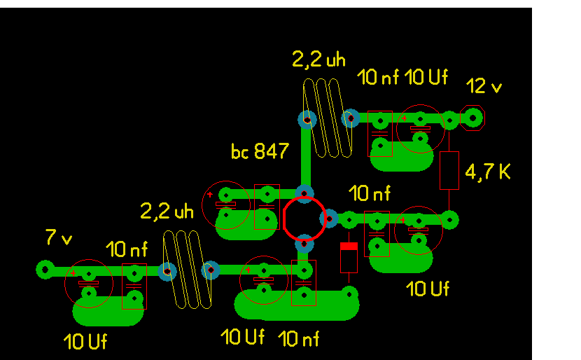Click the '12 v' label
[484, 87]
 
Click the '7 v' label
[59, 238]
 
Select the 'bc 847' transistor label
[260, 151]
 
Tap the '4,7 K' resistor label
[487, 172]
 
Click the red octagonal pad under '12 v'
[473, 118]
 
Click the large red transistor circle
[304, 219]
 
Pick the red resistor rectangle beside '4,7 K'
[449, 170]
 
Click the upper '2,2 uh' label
[318, 60]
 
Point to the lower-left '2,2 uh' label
[167, 210]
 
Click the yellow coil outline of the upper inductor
[327, 118]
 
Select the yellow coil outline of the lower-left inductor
[187, 270]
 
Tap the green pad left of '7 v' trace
[45, 269]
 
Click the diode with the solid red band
[349, 258]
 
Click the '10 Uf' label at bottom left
[85, 342]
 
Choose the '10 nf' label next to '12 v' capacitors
[378, 78]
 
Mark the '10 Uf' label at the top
[426, 77]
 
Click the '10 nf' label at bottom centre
[298, 339]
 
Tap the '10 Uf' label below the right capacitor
[428, 288]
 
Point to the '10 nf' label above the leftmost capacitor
[127, 249]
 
